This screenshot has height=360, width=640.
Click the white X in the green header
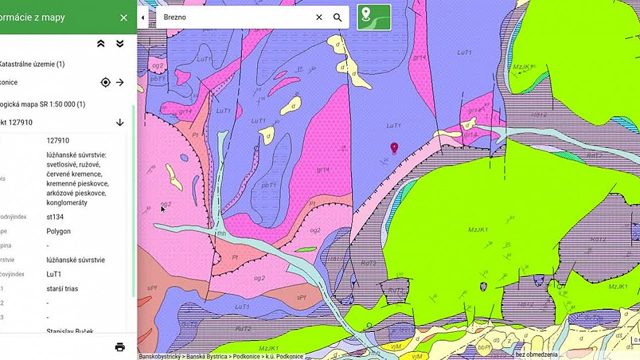pos(123,18)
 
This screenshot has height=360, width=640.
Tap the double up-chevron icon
pos(101,43)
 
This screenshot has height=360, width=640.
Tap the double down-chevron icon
pos(120,43)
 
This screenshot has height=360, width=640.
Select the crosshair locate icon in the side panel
pos(105,83)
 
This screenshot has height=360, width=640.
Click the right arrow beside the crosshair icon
pos(120,83)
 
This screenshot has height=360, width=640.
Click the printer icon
pos(120,347)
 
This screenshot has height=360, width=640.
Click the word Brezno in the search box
pos(175,17)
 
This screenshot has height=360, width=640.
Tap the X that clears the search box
pos(319,17)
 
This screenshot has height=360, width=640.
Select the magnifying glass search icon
pos(337,17)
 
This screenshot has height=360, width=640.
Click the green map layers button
pos(373,17)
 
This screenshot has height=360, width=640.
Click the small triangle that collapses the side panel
pos(143,17)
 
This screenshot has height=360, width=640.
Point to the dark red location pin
pos(394,148)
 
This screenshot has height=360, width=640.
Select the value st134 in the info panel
pos(55,217)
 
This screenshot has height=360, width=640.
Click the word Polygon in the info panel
pos(59,231)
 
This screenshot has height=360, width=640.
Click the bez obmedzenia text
pos(536,354)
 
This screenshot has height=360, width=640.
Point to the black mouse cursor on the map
pos(163,209)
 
